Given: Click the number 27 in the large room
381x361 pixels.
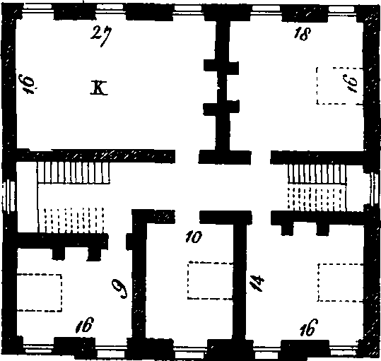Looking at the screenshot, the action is pos(101,36).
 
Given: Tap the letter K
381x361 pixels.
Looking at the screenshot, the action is pos(99,88).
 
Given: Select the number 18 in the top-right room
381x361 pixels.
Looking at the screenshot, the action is pos(302,33).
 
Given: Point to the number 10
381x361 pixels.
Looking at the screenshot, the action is pos(194,237).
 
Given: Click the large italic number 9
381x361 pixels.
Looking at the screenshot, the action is pos(119,288).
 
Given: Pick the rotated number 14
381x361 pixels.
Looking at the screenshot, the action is pos(257,283).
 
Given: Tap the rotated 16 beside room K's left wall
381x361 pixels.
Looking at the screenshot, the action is pos(28,85).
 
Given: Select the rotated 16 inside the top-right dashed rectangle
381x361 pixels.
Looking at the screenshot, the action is pos(352,83).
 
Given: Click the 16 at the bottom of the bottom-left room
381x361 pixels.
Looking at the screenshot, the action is pos(85,324).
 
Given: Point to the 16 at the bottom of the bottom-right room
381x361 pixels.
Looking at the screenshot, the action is pos(309,327).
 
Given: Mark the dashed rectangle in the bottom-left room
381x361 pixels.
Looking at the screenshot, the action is pos(40,292).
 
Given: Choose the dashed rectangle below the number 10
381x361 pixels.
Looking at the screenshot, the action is pos(211,280).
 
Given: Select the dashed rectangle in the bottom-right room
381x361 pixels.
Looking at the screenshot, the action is pos(341,283).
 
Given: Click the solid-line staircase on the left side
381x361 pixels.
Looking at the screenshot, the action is pos(74,172).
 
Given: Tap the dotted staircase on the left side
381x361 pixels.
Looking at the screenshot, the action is pos(74,220).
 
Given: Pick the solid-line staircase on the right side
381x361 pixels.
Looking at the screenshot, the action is pos(317,173).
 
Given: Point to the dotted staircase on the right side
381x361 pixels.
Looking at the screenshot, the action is pos(317,199).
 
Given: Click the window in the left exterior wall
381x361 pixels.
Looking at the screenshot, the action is pos(8,196).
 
